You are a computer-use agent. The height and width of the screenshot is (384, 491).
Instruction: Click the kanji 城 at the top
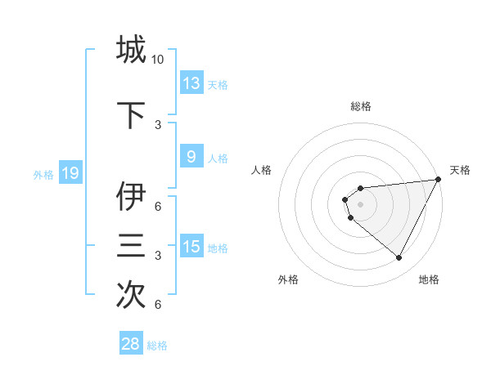coord(131,49)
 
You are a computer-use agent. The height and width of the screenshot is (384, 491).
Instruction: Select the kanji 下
coord(131,115)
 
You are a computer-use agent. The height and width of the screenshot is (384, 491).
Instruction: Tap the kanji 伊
coord(131,197)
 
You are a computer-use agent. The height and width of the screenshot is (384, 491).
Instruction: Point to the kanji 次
coord(131,295)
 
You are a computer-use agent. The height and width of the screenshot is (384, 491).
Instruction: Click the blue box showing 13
coord(191,83)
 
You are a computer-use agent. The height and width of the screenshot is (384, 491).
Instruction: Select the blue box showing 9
coord(191,157)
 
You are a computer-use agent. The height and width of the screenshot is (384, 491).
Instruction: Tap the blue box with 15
coord(191,247)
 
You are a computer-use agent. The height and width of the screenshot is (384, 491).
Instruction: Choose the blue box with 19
coord(70,173)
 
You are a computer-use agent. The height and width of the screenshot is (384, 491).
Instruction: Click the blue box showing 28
coord(131,344)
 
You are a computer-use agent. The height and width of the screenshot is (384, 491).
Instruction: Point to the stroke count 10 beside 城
coord(158,60)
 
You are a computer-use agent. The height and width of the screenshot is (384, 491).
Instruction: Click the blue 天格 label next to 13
coord(217,84)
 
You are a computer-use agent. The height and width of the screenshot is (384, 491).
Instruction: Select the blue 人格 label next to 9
coord(217,158)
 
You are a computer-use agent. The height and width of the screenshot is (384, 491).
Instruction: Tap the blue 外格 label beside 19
coord(43,174)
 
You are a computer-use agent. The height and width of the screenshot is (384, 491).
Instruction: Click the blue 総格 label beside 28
coord(157,345)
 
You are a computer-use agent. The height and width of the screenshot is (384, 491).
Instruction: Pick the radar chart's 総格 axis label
coord(361,106)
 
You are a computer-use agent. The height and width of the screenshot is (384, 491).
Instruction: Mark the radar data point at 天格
coord(438,179)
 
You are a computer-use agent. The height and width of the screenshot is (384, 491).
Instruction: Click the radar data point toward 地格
coord(399,258)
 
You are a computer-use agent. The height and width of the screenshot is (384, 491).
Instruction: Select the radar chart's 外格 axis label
coord(288,279)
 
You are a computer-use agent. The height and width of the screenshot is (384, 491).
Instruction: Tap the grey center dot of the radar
coord(361,203)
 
